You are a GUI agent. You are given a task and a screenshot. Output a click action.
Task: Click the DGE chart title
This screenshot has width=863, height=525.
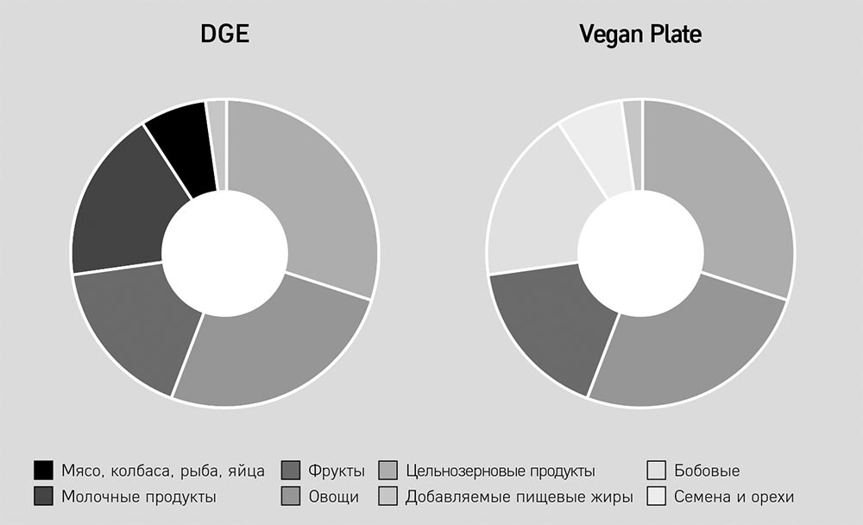click(x=224, y=35)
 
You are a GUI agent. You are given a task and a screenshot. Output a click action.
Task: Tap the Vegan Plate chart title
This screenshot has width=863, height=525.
click(x=640, y=35)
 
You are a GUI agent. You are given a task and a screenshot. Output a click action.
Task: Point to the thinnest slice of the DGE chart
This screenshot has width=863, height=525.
click(x=217, y=142)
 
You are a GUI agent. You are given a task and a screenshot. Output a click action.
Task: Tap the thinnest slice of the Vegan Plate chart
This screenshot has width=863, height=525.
click(x=633, y=142)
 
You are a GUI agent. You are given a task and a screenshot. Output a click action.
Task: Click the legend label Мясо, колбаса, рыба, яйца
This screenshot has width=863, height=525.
click(x=163, y=471)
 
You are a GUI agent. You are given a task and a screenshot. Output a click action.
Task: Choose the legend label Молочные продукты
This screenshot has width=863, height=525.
click(x=138, y=497)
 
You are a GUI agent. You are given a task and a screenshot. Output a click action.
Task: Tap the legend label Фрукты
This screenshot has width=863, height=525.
click(x=337, y=471)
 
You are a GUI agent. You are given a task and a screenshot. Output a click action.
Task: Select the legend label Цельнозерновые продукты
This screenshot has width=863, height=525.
click(x=500, y=471)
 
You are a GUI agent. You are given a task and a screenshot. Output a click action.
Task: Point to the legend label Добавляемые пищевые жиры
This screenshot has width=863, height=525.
click(x=519, y=497)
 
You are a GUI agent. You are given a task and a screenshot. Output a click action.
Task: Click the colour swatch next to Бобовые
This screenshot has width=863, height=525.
click(x=656, y=471)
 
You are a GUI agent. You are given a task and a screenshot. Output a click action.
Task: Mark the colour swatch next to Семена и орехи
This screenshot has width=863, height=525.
click(x=656, y=497)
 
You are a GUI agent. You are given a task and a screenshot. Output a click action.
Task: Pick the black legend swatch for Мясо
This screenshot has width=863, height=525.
click(x=44, y=471)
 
